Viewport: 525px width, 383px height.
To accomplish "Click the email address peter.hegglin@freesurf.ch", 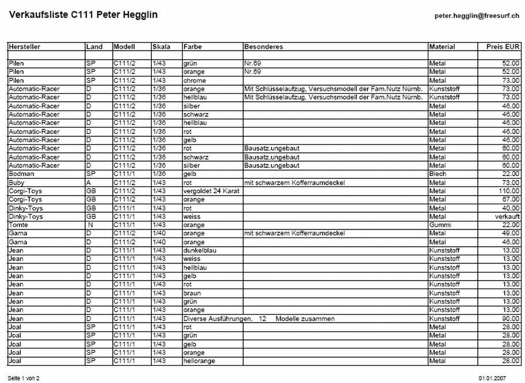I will coord(477,17).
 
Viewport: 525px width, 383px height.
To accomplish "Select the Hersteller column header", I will coord(24,47).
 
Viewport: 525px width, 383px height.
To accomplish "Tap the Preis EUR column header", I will coord(503,47).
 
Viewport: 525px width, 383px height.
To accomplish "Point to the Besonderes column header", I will coord(262,47).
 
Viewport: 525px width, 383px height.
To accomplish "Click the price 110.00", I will coord(509,190).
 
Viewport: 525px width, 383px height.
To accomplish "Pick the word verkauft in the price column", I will coord(507,216).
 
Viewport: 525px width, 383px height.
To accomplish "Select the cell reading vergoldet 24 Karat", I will coord(209,190).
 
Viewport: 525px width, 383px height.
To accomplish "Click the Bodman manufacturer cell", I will coord(20,174).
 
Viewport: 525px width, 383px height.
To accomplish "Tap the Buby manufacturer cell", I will coord(17,182).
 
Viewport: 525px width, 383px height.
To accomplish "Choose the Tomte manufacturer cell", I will coord(18,225).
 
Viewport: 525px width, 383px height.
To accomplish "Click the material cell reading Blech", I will coord(438,174).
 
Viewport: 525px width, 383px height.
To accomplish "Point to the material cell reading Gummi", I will coord(439,225).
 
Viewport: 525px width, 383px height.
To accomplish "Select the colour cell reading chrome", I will coord(194,81).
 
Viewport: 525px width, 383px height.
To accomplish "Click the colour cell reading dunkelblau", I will coord(199,250).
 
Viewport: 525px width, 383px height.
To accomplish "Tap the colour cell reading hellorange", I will coord(199,361).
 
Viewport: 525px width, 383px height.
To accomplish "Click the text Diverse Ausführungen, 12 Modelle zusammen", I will coord(259,319).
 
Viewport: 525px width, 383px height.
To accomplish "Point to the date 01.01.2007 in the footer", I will coord(492,378).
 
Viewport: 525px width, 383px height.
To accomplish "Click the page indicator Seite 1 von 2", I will coord(24,378).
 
